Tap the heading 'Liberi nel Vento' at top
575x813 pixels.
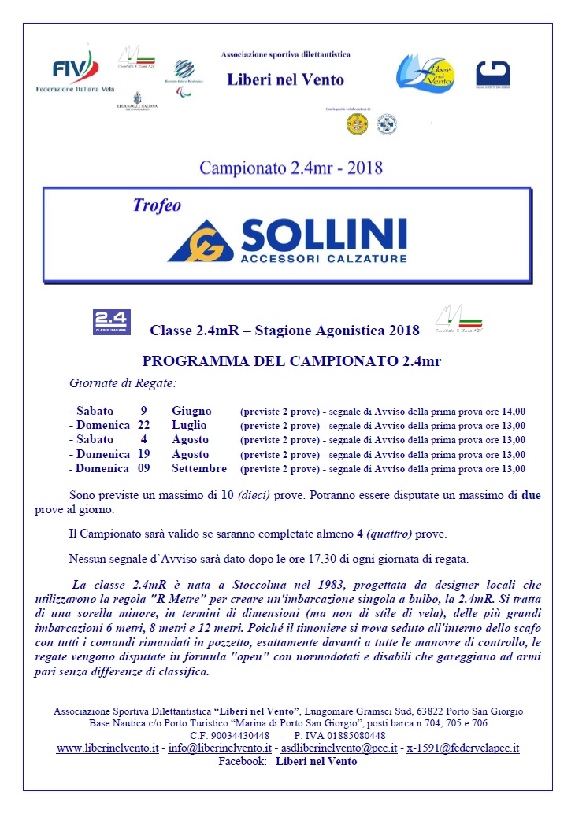[285, 79]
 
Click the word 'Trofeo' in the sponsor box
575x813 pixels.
[157, 205]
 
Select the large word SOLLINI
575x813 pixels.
[324, 233]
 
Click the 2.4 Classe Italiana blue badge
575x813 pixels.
[112, 322]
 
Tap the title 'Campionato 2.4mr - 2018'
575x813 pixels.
[291, 168]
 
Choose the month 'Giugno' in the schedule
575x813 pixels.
[191, 411]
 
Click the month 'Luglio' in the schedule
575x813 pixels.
[189, 425]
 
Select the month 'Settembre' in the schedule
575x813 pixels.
[199, 468]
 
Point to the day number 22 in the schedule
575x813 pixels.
[144, 425]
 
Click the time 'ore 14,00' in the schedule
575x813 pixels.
[507, 411]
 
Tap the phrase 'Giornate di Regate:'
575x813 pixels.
[123, 383]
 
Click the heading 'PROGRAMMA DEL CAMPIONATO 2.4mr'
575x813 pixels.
[287, 361]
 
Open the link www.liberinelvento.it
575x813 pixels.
[107, 748]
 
